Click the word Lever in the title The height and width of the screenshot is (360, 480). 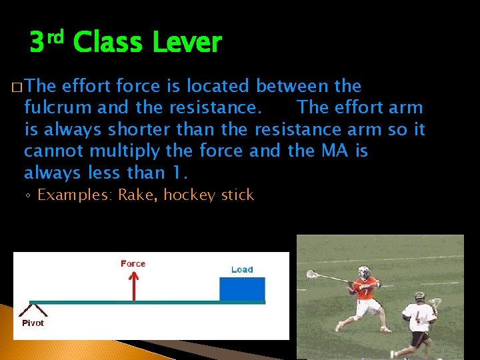click(187, 43)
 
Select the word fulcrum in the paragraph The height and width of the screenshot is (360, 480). click(57, 107)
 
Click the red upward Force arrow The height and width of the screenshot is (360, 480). click(133, 285)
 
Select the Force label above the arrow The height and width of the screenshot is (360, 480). click(133, 263)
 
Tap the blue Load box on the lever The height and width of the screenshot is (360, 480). click(242, 289)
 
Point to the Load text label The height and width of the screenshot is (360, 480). click(242, 269)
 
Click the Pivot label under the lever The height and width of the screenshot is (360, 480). click(33, 323)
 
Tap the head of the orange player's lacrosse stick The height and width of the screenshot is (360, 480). click(311, 274)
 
